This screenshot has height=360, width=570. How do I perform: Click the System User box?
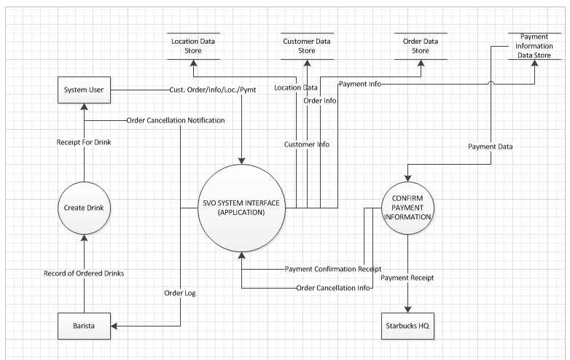tap(84, 90)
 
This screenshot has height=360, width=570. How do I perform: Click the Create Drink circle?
tap(84, 207)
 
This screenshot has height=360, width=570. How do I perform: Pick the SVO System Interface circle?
tap(244, 207)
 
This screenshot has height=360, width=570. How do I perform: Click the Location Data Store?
tap(194, 46)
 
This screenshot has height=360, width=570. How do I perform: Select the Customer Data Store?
tap(308, 46)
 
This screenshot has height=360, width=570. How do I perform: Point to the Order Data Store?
tap(421, 46)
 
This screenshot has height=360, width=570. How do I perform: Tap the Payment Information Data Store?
tap(536, 46)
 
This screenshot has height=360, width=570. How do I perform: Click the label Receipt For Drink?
tap(84, 142)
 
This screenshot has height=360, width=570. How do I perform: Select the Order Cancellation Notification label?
tap(175, 120)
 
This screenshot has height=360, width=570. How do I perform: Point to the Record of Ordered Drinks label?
tap(84, 273)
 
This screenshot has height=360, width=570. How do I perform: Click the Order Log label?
tap(180, 294)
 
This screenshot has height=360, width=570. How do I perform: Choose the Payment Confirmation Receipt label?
tap(332, 269)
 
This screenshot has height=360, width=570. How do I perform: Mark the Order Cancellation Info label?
tap(335, 287)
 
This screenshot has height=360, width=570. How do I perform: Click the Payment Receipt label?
tap(407, 278)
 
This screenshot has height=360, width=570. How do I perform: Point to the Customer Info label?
tap(307, 144)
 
